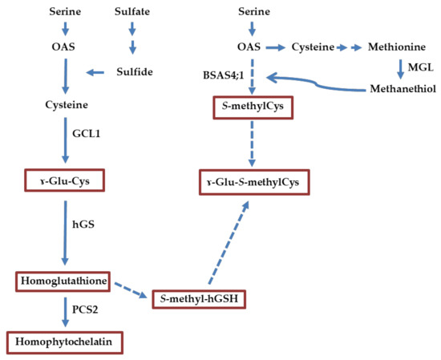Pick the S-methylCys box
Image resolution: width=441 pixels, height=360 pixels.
[x=251, y=106]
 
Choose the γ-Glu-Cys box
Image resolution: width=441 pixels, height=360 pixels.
[x=65, y=182]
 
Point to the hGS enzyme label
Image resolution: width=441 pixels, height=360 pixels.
[x=83, y=226]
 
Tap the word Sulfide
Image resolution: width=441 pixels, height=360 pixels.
[x=133, y=72]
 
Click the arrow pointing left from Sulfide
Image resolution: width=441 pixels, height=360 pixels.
[x=95, y=73]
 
